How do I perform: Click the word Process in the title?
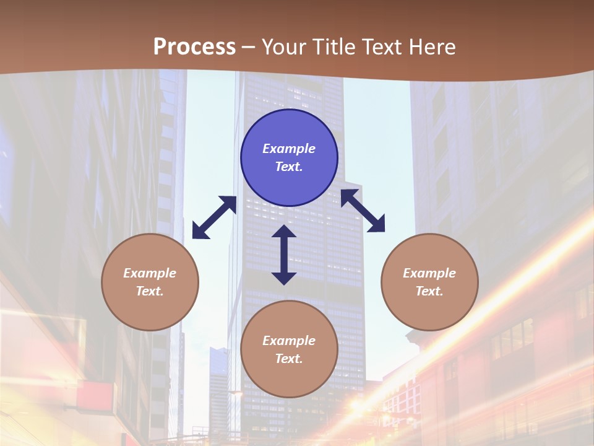(194, 47)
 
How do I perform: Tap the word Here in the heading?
(433, 47)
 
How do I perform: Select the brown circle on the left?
(150, 304)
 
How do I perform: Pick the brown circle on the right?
(429, 304)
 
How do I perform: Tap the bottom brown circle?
(289, 372)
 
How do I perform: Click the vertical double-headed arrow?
(284, 255)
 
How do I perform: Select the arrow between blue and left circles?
(214, 217)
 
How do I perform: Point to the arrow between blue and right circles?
(363, 211)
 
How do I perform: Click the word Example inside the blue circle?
(289, 149)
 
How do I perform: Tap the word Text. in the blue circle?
(289, 167)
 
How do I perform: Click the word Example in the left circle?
(150, 273)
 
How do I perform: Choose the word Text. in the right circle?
(429, 291)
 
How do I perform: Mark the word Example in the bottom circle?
(289, 341)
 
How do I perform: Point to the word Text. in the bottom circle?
(289, 359)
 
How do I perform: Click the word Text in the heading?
(381, 47)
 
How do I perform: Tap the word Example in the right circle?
(429, 273)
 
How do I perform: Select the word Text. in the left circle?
(150, 291)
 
